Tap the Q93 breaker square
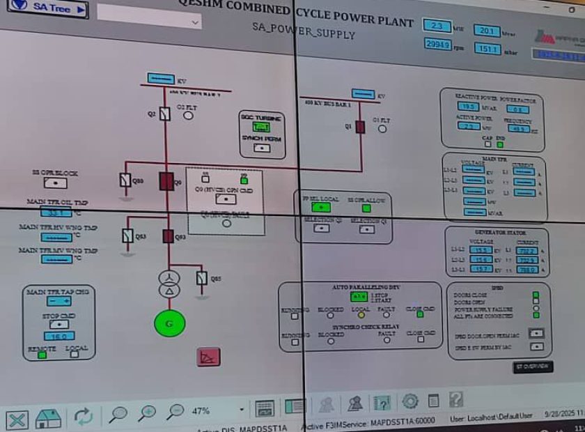point(168,236)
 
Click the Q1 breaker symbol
point(359,127)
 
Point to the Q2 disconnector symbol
point(164,114)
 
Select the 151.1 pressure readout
point(487,49)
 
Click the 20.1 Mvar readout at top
point(486,30)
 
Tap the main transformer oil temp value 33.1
point(56,212)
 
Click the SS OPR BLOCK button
point(55,183)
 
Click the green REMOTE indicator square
point(42,355)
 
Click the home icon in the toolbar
point(48,418)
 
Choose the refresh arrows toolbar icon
point(83,416)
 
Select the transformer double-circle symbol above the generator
point(168,284)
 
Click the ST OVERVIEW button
point(533,366)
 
